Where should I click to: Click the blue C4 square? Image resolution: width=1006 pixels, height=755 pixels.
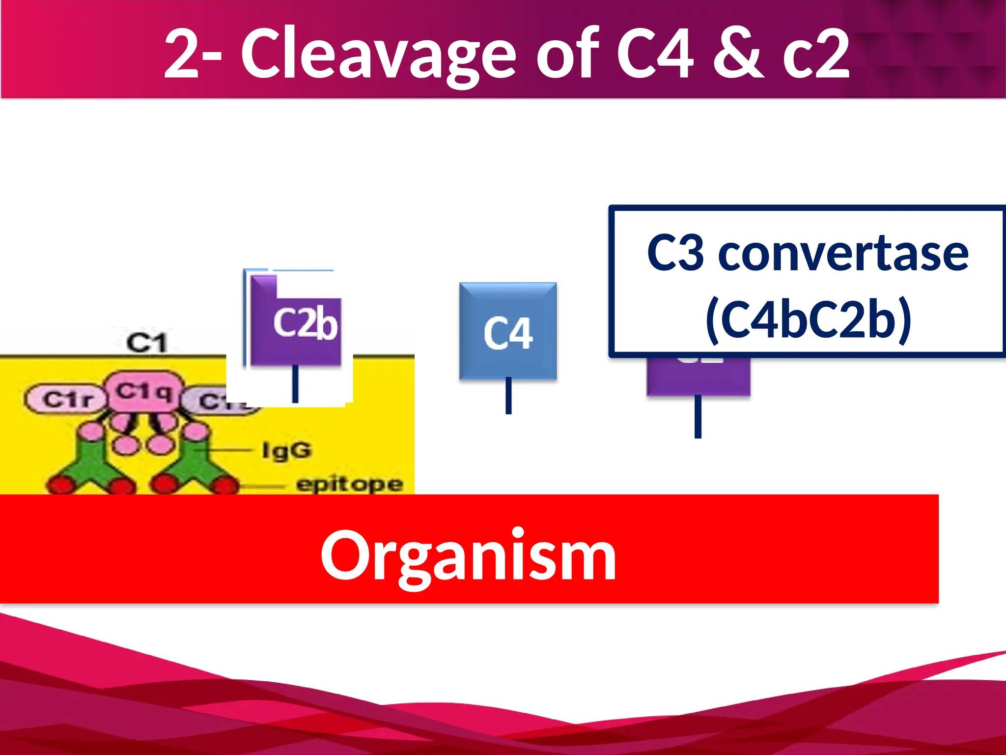[x=508, y=331]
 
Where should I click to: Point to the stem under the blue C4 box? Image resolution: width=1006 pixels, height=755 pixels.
[x=508, y=396]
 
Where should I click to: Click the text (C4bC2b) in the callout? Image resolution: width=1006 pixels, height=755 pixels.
[x=808, y=319]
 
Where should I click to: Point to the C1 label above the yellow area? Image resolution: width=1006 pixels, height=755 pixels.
[x=147, y=343]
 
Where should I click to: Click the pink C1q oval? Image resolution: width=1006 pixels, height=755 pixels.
[x=144, y=392]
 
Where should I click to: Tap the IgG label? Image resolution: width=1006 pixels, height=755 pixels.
[x=287, y=450]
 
